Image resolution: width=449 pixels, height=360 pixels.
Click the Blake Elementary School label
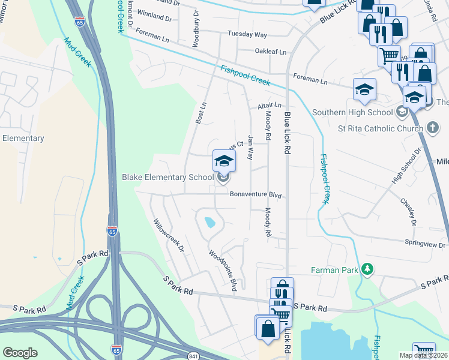[167, 177]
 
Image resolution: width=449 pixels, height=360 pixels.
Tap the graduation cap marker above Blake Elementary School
[224, 161]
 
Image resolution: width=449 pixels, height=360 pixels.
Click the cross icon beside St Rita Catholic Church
[432, 127]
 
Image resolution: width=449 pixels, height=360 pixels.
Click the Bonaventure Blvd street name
[255, 194]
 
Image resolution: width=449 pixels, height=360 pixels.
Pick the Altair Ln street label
[269, 105]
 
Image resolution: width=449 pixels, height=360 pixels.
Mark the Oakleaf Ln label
[271, 52]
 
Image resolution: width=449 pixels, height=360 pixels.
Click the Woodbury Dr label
[195, 28]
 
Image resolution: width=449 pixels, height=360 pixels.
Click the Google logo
[20, 352]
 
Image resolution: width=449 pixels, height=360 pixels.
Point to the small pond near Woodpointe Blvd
[209, 223]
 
